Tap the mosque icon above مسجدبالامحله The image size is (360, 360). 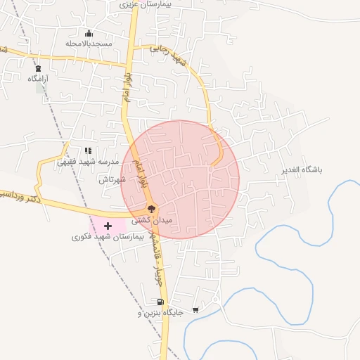(x=89, y=33)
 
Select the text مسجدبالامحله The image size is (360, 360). (x=89, y=44)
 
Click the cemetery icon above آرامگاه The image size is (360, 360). (x=38, y=69)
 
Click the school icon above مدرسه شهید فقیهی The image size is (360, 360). (x=88, y=150)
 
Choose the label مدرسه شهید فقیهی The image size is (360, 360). (x=87, y=161)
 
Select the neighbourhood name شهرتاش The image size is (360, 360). (x=112, y=179)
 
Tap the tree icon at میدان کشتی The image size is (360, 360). (x=150, y=208)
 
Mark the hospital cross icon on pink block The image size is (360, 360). (x=108, y=226)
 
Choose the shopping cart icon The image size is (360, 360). (x=195, y=309)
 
